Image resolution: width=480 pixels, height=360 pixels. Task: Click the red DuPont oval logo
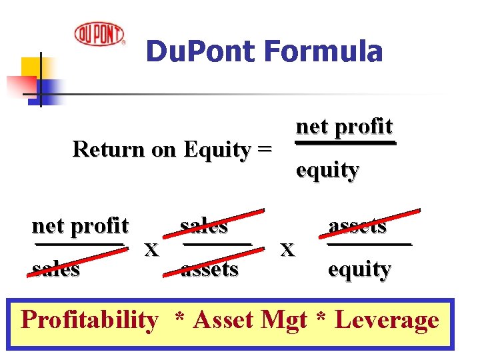click(x=99, y=33)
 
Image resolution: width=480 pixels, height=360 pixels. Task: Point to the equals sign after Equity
click(x=264, y=150)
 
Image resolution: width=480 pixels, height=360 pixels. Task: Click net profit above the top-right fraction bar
click(x=345, y=126)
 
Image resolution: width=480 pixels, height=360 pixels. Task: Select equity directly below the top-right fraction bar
click(x=327, y=170)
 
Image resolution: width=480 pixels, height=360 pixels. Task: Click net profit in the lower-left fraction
click(x=80, y=226)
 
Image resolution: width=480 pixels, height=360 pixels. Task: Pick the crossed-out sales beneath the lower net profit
click(x=56, y=269)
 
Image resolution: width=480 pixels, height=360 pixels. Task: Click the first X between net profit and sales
click(x=152, y=250)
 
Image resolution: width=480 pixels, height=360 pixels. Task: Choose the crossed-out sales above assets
click(x=205, y=226)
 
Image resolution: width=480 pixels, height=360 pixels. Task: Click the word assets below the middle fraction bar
click(x=209, y=269)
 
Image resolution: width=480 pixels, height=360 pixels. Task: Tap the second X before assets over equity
click(x=287, y=249)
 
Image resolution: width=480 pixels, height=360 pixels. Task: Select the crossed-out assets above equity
click(x=358, y=226)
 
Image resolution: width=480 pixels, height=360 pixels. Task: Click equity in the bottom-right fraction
click(x=359, y=269)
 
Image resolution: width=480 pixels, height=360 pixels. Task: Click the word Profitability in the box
click(x=89, y=320)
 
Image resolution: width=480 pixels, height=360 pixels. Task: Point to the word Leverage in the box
click(x=387, y=320)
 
